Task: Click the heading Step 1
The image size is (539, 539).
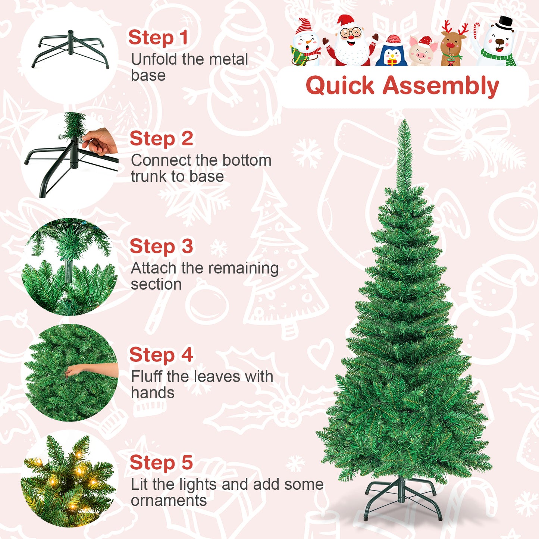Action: click(x=158, y=38)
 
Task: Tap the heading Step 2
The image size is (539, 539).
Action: click(x=161, y=139)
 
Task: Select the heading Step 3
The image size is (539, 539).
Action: click(x=161, y=247)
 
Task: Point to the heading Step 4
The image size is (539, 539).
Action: click(x=161, y=355)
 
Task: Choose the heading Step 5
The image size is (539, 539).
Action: click(x=161, y=463)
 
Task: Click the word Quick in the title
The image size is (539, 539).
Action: click(x=339, y=86)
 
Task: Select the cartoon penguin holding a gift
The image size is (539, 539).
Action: click(x=391, y=52)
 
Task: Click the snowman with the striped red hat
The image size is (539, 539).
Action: click(x=305, y=43)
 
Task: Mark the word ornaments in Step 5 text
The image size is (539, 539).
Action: click(x=169, y=501)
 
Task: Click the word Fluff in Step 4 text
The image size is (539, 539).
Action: click(x=147, y=377)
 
